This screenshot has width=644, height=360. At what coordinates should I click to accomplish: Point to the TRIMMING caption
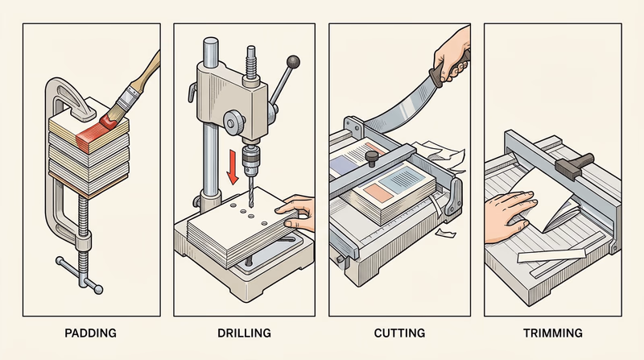coord(555,333)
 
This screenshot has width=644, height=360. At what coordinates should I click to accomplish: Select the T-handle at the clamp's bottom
coord(81,274)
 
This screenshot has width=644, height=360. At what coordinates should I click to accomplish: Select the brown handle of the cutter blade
coord(451,66)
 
